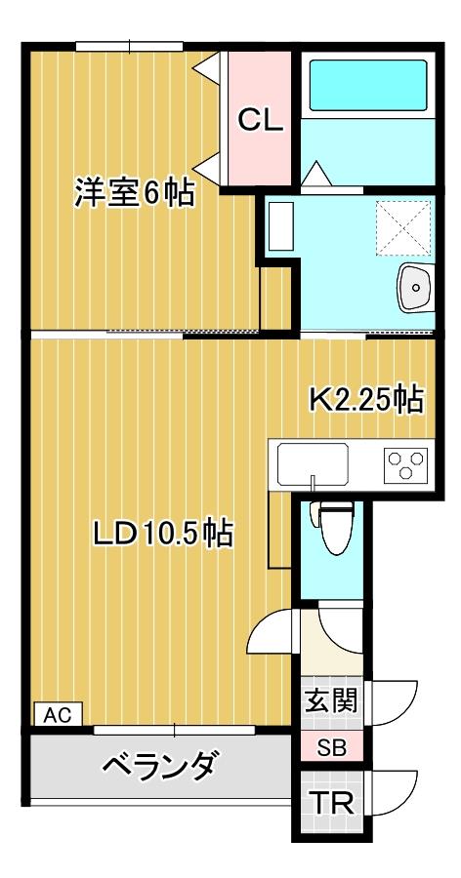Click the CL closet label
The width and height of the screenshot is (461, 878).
pos(261,121)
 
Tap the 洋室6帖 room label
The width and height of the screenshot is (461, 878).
pos(134,192)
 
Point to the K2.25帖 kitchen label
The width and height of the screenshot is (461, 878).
pos(365,399)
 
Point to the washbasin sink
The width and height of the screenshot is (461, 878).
pos(415,287)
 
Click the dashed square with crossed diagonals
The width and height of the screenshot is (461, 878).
pos(402,225)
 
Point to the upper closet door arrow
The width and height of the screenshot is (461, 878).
pos(208,68)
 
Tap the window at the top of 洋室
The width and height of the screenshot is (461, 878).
pos(130,45)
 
